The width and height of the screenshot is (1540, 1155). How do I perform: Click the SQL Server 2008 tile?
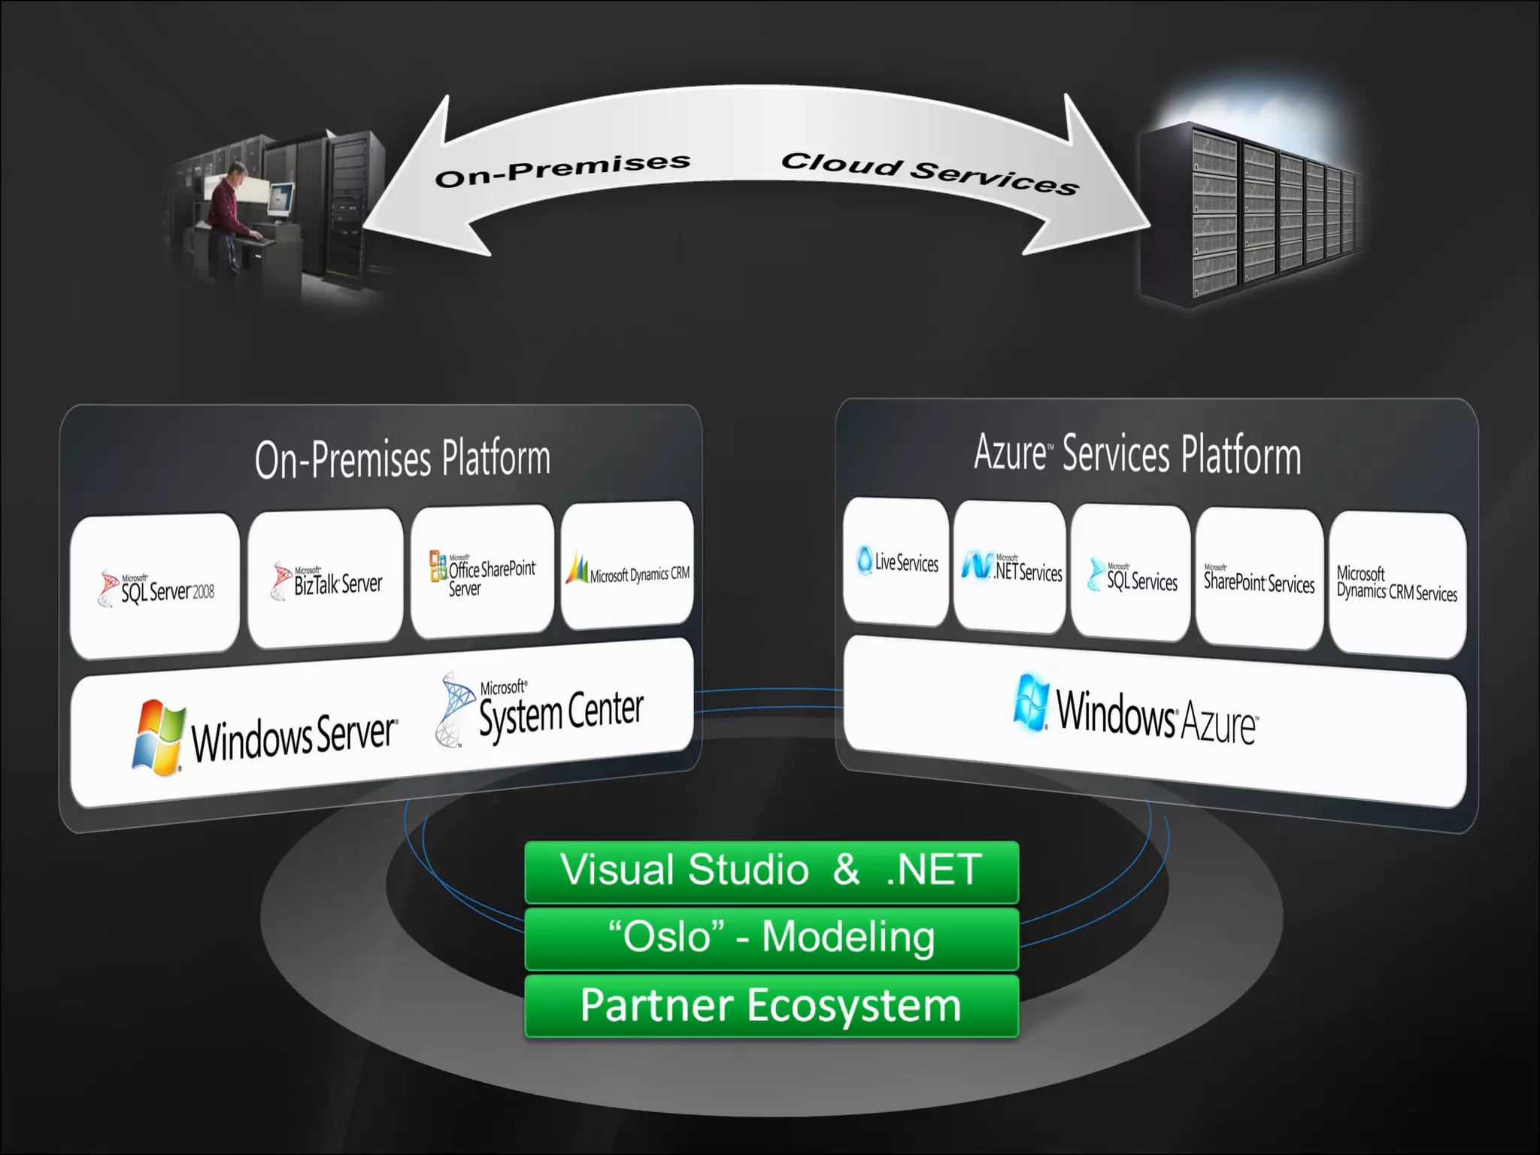(x=155, y=586)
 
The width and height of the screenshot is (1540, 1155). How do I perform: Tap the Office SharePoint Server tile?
(x=482, y=572)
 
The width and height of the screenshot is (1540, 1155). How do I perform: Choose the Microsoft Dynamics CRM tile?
(x=627, y=565)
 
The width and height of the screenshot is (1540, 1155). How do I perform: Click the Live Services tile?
(x=896, y=562)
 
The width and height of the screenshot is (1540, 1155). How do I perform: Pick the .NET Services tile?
(x=1010, y=568)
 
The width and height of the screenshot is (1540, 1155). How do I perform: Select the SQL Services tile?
(x=1130, y=574)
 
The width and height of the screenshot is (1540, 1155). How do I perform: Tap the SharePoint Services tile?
(x=1259, y=580)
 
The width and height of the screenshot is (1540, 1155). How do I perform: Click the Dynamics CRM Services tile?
(x=1397, y=586)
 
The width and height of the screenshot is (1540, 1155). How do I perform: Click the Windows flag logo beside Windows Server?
(x=159, y=738)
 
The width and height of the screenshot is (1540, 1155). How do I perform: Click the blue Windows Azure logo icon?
(x=1030, y=703)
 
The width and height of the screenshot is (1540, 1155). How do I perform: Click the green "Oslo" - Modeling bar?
(x=772, y=938)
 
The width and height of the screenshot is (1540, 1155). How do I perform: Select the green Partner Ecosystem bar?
(x=772, y=1006)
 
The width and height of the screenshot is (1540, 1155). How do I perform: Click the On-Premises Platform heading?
(x=402, y=459)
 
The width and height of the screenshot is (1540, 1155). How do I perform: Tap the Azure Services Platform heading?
(x=1137, y=453)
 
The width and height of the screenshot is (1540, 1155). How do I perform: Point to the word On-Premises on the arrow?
(x=562, y=169)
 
